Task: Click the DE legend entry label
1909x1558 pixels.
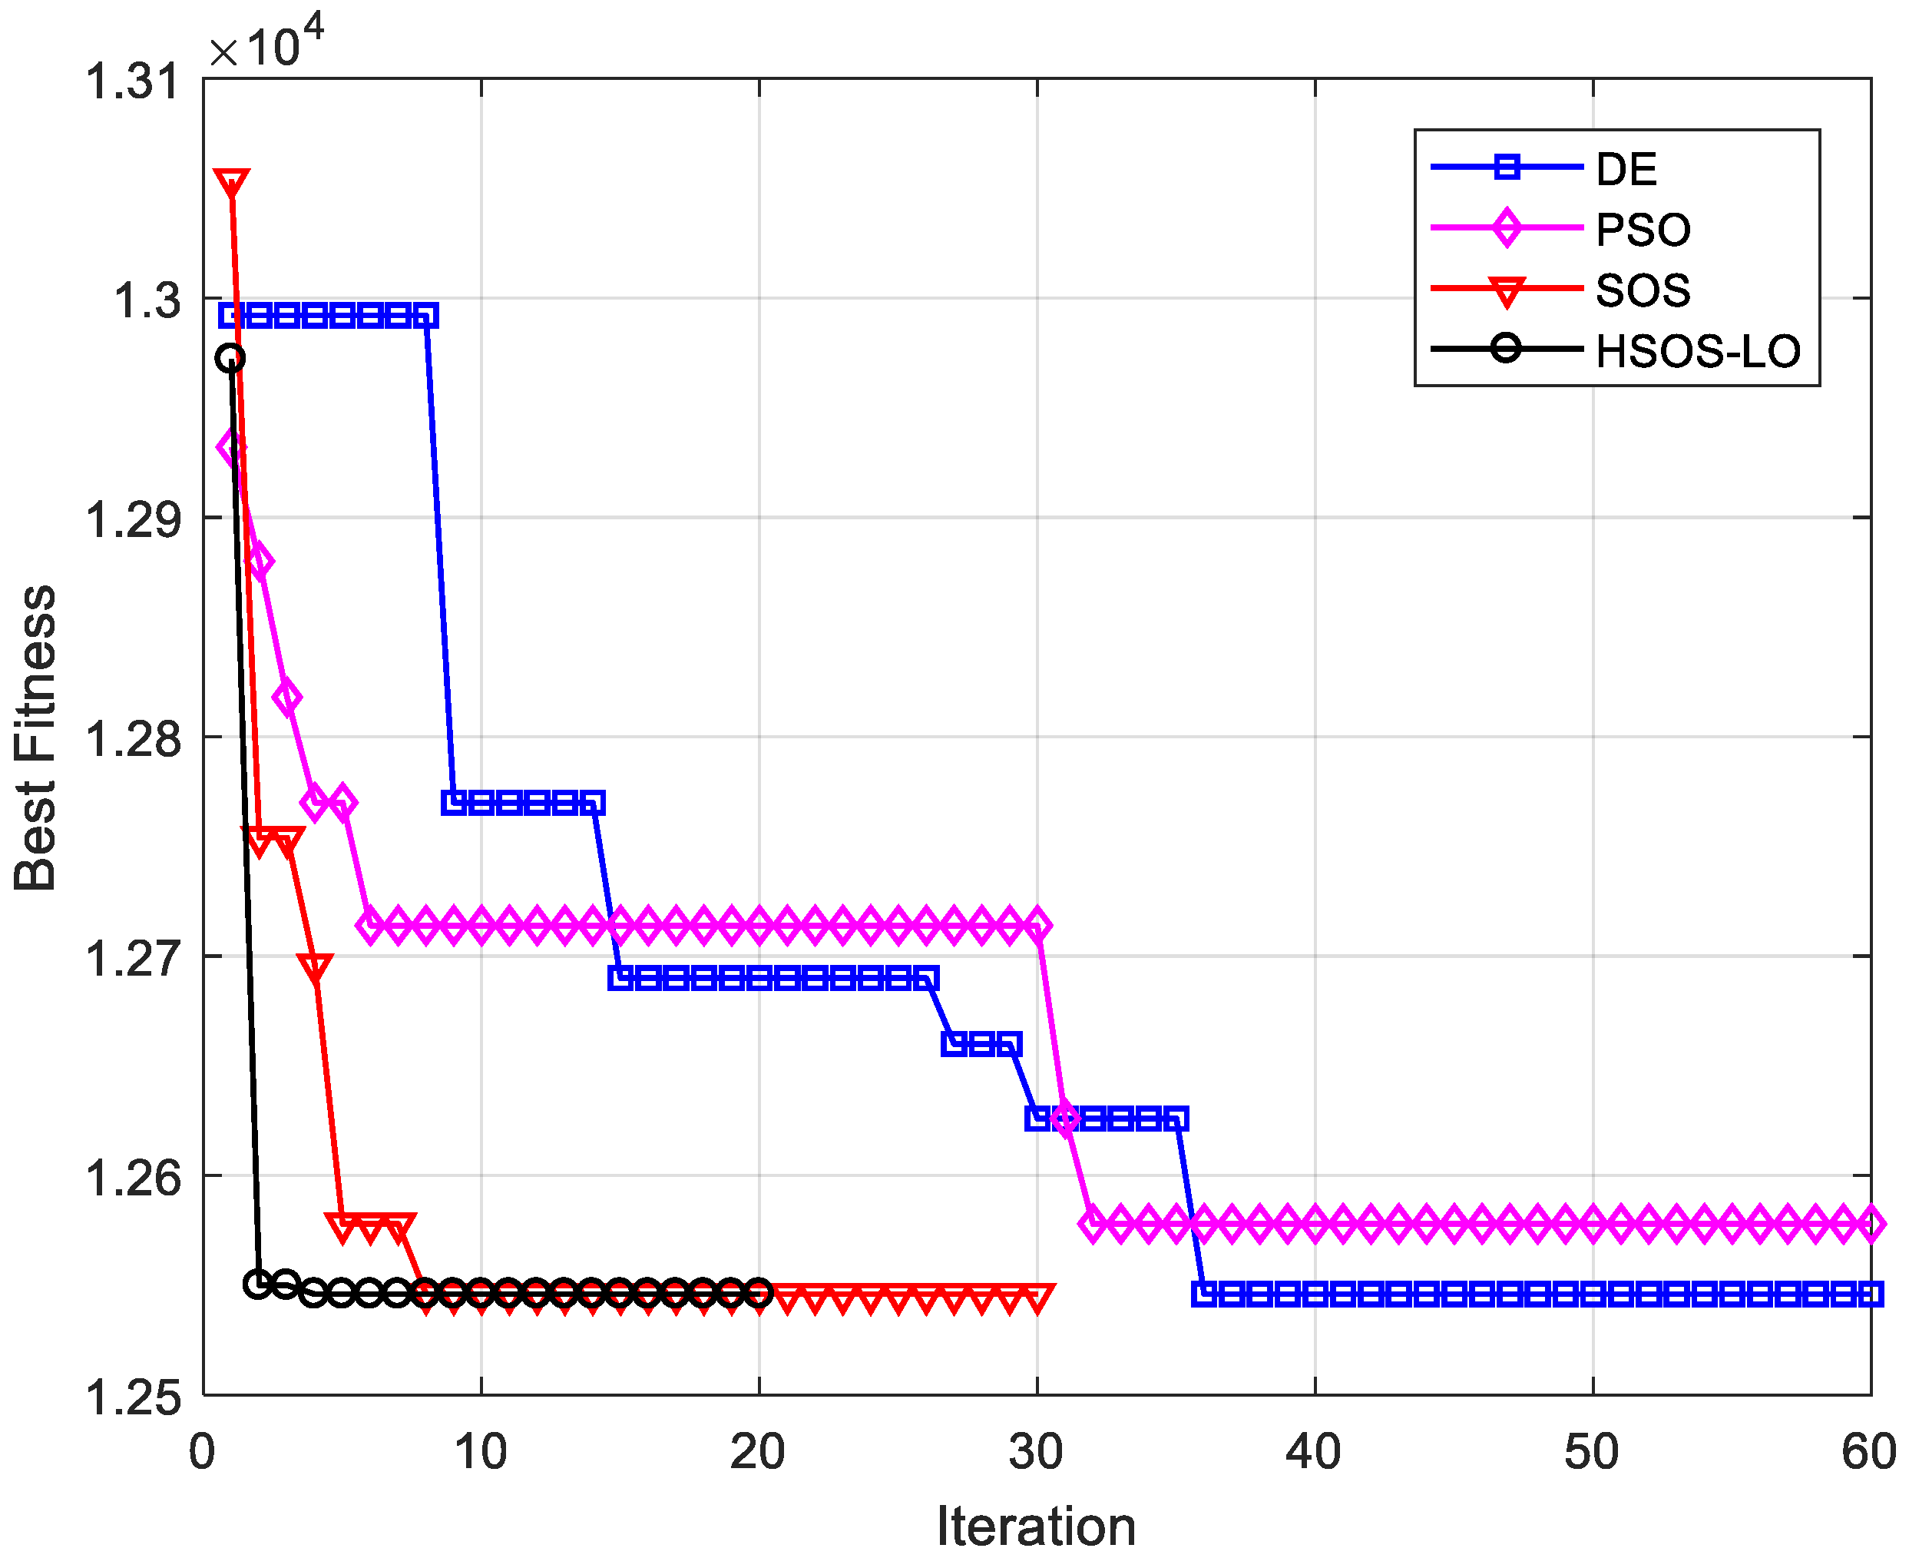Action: click(1626, 169)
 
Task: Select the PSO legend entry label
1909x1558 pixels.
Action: click(1643, 230)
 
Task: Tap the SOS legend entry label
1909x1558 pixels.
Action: click(1643, 290)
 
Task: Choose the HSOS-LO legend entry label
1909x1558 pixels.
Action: click(1697, 351)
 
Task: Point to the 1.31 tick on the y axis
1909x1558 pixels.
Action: click(132, 81)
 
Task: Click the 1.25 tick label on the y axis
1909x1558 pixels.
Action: click(132, 1397)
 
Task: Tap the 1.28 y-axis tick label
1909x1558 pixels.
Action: click(132, 738)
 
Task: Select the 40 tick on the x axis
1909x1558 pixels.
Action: click(1313, 1451)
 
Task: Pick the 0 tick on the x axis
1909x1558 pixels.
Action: click(203, 1451)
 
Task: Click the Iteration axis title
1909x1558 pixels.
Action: click(1036, 1526)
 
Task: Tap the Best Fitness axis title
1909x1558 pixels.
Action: click(36, 738)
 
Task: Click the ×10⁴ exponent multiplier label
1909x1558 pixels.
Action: click(266, 45)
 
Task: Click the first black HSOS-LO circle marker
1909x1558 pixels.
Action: click(230, 359)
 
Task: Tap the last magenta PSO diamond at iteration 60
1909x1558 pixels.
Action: click(1871, 1223)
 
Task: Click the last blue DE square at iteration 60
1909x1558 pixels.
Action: click(1871, 1294)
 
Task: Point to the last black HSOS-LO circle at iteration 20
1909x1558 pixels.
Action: click(759, 1293)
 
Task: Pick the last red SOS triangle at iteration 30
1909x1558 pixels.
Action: click(1037, 1298)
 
